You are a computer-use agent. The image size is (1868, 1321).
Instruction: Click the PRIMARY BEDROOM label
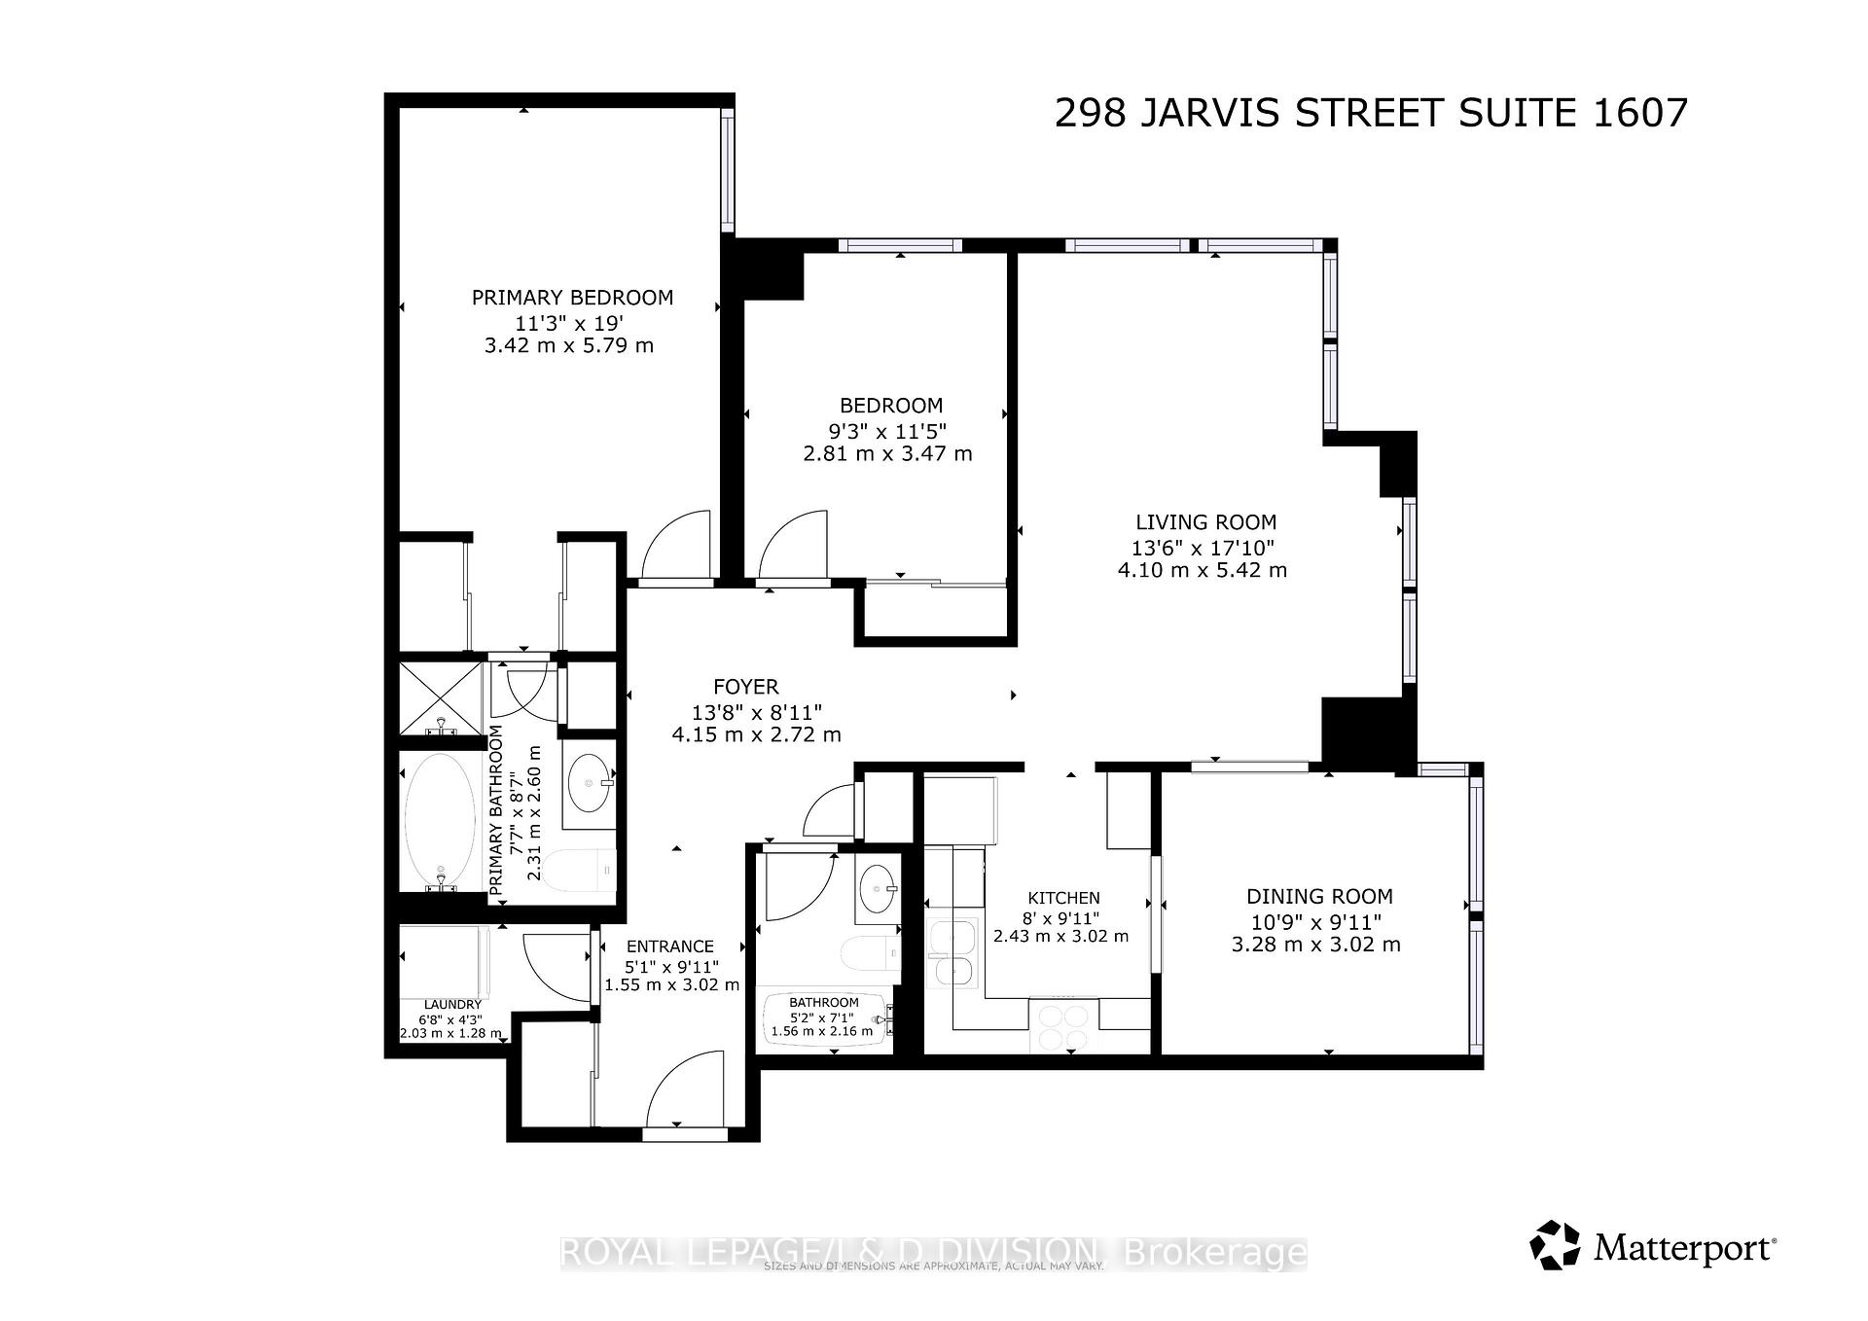(572, 298)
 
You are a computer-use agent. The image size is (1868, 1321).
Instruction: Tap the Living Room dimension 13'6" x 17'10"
(1203, 548)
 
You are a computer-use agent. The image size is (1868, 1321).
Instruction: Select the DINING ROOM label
(1319, 897)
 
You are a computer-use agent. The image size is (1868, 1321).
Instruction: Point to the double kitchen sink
(953, 953)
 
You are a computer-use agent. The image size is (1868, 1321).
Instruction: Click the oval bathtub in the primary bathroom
(440, 822)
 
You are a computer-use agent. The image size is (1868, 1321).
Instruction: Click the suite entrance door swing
(687, 1089)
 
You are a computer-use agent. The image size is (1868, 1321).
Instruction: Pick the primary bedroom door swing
(678, 546)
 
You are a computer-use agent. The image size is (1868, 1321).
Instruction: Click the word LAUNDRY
(452, 1005)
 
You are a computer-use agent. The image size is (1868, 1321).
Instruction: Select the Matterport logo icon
(1554, 1245)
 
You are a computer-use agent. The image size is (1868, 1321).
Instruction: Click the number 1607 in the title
(1639, 114)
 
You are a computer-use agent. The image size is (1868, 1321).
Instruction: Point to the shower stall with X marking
(441, 698)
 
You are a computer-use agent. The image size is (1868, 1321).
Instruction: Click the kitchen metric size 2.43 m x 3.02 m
(1060, 937)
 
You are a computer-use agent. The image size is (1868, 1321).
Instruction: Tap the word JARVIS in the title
(1209, 114)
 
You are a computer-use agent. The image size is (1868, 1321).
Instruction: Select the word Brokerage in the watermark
(1214, 1252)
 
